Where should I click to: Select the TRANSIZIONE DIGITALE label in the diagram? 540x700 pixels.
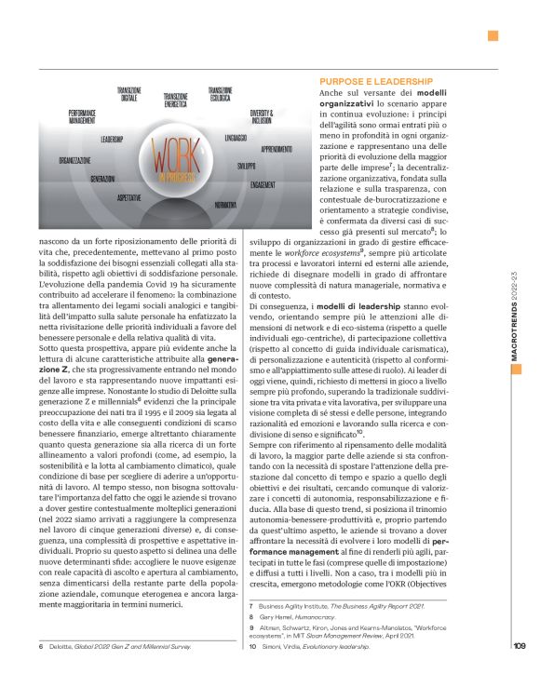click(128, 93)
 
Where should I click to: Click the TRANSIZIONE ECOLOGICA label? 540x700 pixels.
click(221, 93)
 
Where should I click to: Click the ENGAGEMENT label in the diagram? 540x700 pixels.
click(263, 184)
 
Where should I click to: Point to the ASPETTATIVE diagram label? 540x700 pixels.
click(129, 197)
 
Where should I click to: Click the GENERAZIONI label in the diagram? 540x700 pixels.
click(103, 178)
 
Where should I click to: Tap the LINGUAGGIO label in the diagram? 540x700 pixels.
click(236, 138)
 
